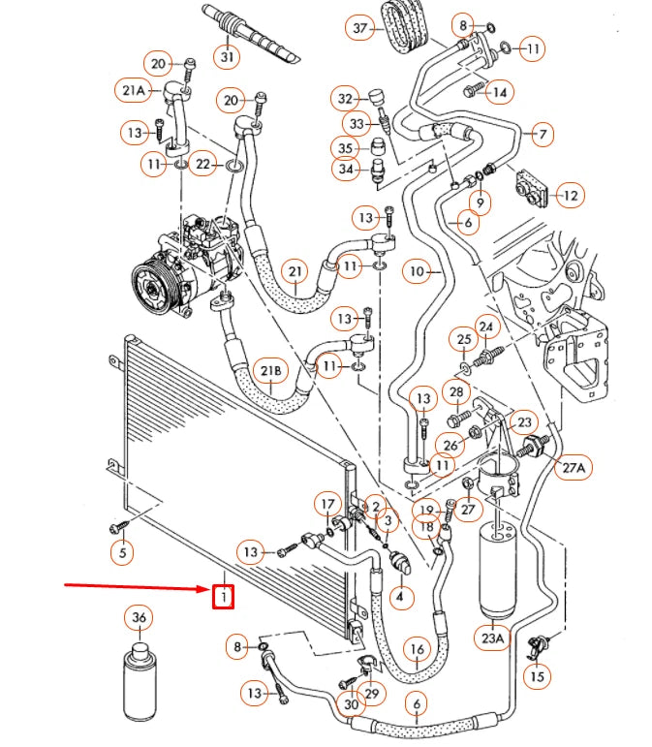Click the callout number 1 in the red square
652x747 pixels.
[224, 597]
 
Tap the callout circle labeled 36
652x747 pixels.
[140, 619]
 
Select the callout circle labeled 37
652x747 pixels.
[361, 28]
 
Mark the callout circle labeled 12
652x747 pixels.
[570, 196]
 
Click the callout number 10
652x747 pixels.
[418, 272]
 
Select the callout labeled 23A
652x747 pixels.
[493, 638]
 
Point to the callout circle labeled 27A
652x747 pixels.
[573, 469]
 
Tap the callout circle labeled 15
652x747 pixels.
[537, 677]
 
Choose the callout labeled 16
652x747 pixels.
[417, 649]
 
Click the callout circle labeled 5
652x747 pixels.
[121, 554]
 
